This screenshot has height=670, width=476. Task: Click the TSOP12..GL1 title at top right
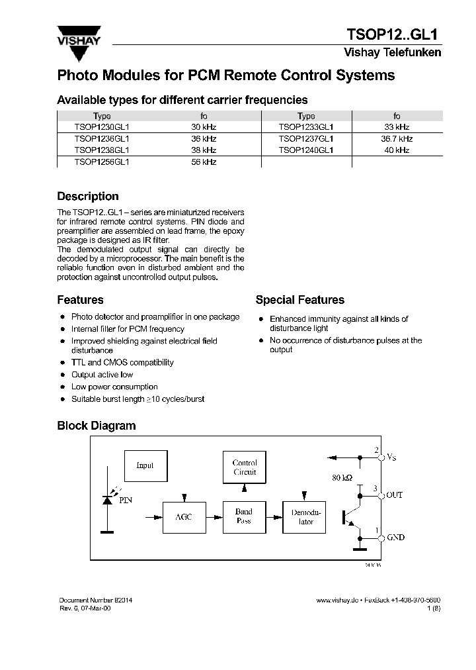coord(393,34)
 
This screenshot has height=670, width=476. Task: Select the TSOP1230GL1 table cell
coord(102,126)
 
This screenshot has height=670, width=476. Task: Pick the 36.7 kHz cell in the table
coord(397,138)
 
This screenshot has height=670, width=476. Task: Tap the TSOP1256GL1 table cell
coord(102,162)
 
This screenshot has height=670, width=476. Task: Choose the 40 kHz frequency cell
coord(397,150)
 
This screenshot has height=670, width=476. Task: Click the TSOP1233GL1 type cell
coord(306,126)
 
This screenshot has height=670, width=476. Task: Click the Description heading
coord(88,197)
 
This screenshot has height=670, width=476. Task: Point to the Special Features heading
coord(299,300)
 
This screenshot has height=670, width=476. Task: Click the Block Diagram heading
coord(96,426)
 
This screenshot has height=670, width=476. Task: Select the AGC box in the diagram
coord(183,516)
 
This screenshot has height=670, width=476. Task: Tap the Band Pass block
coord(244,516)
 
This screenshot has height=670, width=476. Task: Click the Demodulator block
coord(305,516)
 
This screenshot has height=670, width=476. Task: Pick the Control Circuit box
coord(245,467)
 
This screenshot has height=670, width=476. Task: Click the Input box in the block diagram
coord(145,465)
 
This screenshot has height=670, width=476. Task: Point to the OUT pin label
coord(394,495)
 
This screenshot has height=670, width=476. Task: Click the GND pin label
coord(395,538)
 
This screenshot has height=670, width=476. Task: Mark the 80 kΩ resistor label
coord(343,477)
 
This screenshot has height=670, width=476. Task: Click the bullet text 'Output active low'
coord(102,375)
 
